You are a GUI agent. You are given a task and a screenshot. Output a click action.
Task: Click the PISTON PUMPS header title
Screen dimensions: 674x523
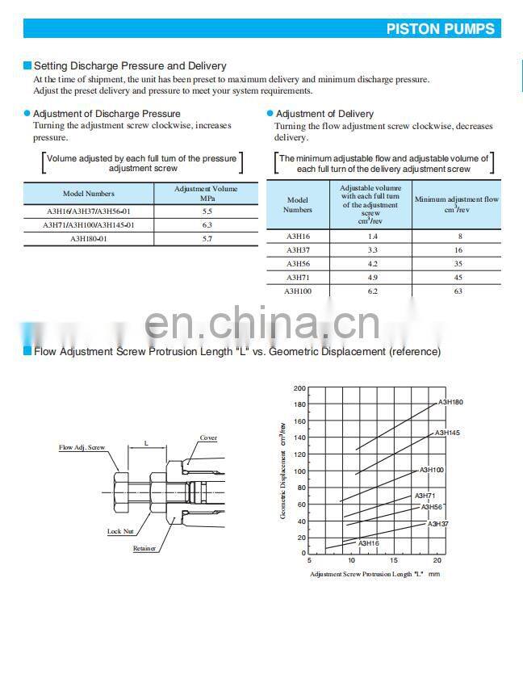click(440, 29)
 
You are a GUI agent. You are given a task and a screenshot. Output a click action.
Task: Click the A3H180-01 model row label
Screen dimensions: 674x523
click(89, 239)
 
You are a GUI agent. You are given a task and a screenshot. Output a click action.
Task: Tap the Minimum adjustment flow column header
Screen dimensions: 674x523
click(456, 203)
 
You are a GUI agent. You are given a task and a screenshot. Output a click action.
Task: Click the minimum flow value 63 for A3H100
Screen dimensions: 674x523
click(458, 291)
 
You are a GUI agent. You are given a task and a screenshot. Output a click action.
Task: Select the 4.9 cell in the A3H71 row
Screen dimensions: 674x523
click(372, 277)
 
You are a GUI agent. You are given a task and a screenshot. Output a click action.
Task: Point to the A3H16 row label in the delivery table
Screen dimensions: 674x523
click(297, 236)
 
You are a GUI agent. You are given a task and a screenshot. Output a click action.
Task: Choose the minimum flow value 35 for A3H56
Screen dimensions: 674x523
click(458, 263)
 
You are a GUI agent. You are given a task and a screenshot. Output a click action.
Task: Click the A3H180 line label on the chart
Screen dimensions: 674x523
click(450, 402)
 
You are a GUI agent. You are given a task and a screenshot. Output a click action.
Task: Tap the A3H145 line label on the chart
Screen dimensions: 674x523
click(447, 433)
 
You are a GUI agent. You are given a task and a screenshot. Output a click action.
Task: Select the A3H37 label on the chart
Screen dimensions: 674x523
click(437, 524)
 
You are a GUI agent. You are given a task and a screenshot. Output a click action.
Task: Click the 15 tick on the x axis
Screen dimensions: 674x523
click(394, 560)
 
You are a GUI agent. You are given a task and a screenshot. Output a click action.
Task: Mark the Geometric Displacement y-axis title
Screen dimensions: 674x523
click(283, 470)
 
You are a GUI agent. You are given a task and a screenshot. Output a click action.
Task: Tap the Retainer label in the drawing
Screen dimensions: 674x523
click(144, 548)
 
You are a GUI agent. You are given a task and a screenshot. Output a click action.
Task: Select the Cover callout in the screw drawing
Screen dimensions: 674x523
click(208, 438)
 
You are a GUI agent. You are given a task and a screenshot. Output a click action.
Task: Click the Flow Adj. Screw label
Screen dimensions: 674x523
click(82, 447)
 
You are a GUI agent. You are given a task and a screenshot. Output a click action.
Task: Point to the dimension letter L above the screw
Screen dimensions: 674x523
click(146, 443)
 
